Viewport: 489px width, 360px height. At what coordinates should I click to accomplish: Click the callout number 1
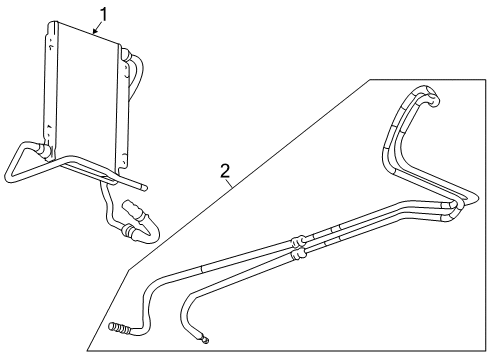(100, 13)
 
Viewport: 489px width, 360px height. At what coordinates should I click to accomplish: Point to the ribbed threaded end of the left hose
(119, 327)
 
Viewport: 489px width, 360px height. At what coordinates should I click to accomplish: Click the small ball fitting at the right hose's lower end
(205, 341)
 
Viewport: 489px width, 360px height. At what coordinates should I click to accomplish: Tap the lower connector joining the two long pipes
(298, 255)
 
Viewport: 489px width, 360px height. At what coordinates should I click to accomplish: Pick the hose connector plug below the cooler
(132, 213)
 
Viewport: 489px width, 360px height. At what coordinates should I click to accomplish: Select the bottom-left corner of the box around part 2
(88, 350)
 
